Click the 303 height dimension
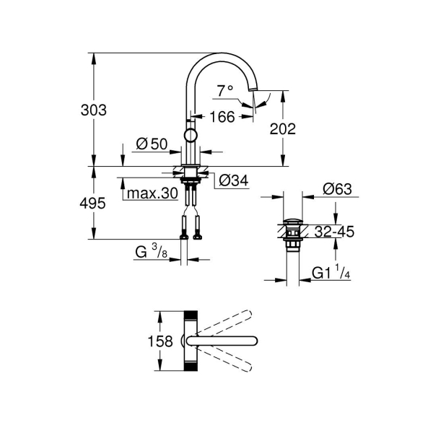pyautogui.click(x=93, y=110)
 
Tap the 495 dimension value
pyautogui.click(x=92, y=204)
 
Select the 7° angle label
pyautogui.click(x=224, y=91)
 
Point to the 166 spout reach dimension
pyautogui.click(x=222, y=117)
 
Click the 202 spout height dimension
pyautogui.click(x=282, y=129)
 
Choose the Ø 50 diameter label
pyautogui.click(x=152, y=144)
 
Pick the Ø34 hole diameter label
pyautogui.click(x=234, y=180)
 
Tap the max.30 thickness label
pyautogui.click(x=152, y=193)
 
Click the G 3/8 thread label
pyautogui.click(x=152, y=252)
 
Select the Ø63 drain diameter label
pyautogui.click(x=338, y=189)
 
